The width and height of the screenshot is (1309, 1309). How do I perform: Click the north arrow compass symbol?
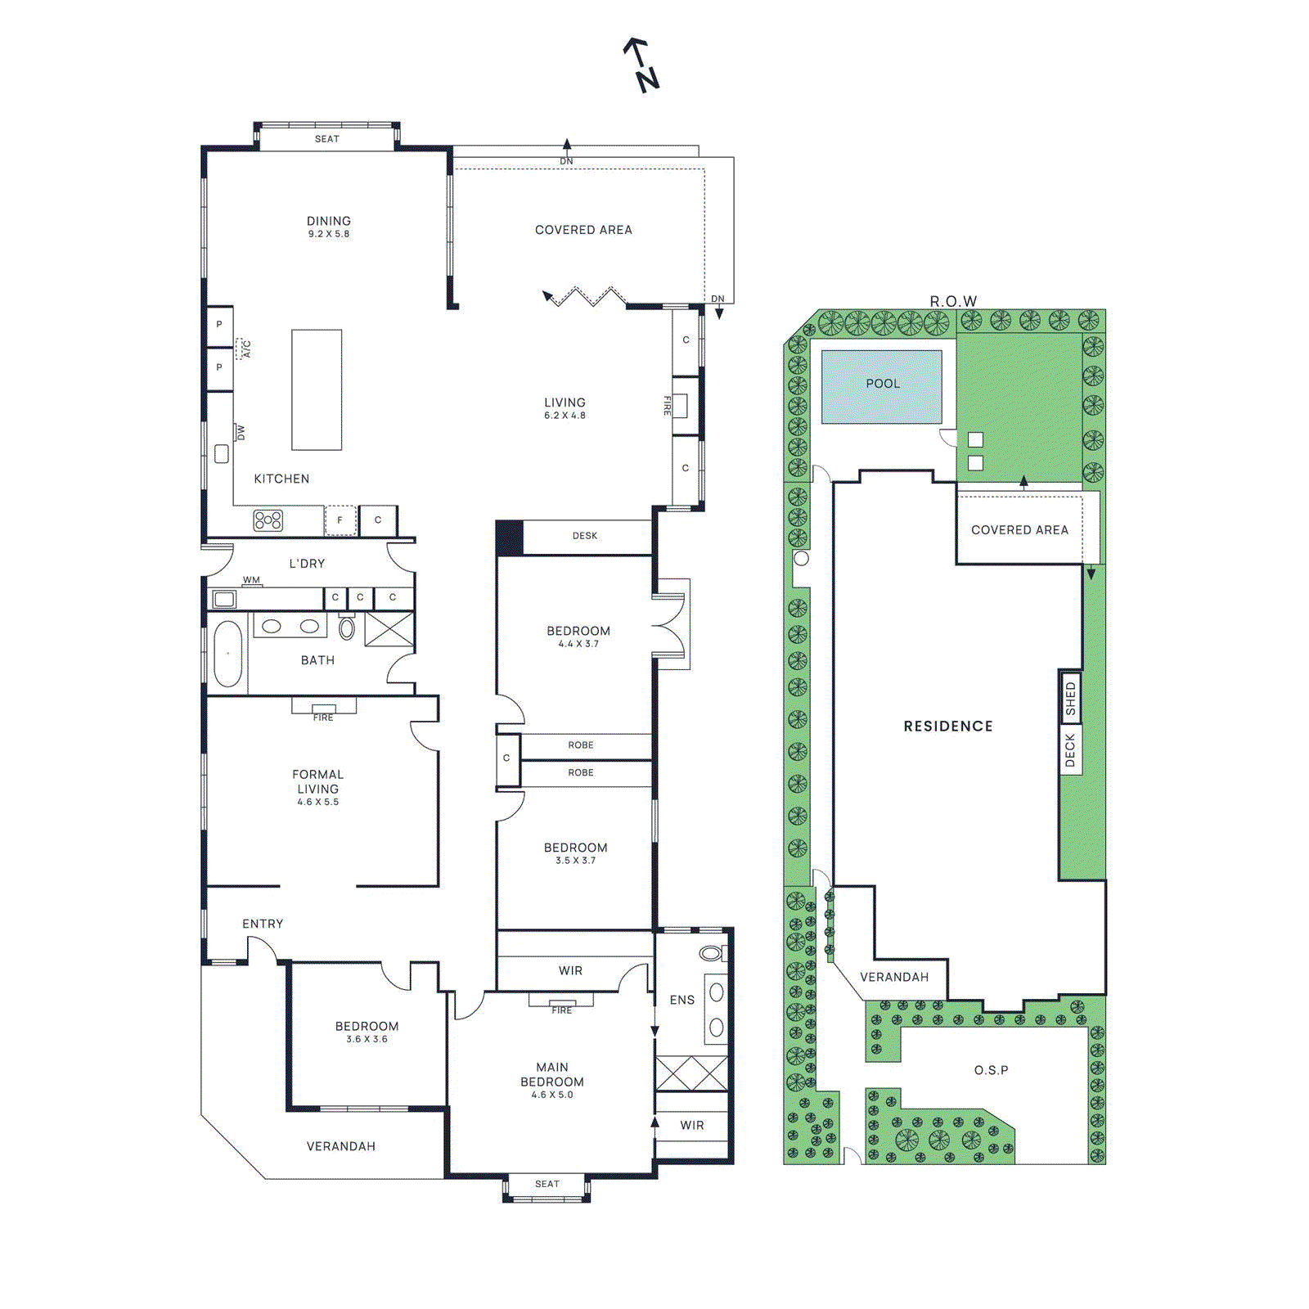pos(641,65)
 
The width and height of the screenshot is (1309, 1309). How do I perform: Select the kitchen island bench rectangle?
pos(317,389)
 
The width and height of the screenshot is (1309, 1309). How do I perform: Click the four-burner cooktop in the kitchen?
pos(268,520)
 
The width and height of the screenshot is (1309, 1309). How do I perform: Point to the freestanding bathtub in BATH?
pos(227,653)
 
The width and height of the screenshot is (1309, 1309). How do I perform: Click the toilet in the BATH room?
pos(347,628)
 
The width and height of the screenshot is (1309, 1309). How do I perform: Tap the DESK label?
pos(584,536)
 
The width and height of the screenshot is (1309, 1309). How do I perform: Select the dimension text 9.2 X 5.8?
pos(328,234)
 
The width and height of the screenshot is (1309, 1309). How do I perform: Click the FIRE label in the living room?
pos(668,405)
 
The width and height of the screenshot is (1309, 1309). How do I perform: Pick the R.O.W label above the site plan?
pos(953,301)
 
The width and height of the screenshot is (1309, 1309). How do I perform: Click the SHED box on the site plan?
pos(1070,698)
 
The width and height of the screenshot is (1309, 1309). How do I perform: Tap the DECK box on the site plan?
pos(1070,749)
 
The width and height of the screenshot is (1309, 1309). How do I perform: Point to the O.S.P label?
pos(991,1070)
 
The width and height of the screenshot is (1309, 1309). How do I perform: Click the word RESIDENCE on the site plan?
pos(947,726)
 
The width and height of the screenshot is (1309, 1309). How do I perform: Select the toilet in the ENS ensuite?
pos(710,953)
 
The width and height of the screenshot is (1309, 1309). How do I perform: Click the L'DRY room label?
pos(307,564)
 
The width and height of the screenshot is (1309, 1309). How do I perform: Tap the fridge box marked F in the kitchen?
pos(340,520)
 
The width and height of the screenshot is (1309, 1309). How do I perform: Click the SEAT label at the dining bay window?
pos(326,139)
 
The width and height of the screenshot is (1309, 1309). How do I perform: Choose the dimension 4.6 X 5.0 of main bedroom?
pos(552,1095)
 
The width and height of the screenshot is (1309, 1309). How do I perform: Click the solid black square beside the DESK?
pos(510,538)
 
